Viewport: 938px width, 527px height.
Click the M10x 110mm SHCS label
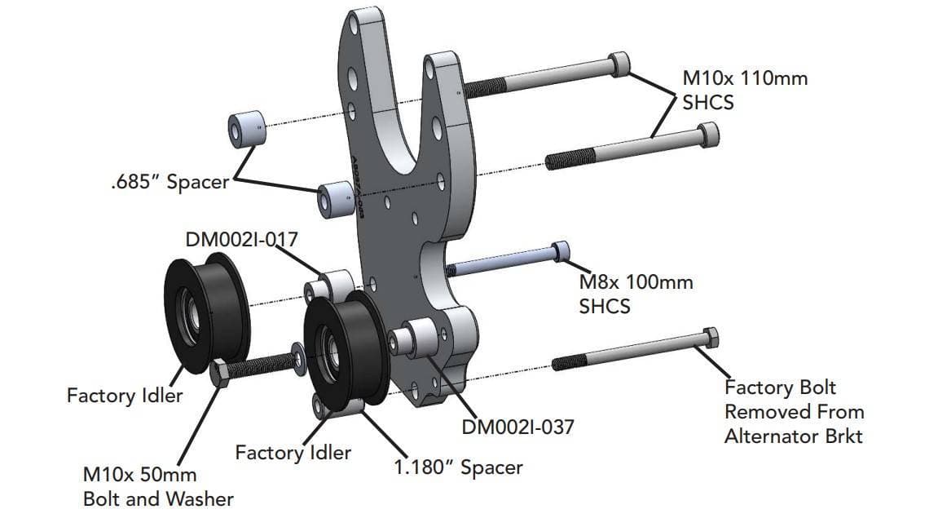click(x=744, y=91)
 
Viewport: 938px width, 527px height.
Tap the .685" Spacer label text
click(x=170, y=181)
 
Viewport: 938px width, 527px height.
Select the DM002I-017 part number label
click(x=241, y=239)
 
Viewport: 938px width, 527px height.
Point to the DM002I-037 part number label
click(x=517, y=426)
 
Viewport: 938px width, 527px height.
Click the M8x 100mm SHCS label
click(x=636, y=294)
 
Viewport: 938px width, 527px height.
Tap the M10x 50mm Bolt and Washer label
click(x=158, y=486)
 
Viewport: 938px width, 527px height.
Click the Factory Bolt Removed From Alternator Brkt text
click(x=793, y=411)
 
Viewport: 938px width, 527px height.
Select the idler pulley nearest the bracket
click(x=341, y=347)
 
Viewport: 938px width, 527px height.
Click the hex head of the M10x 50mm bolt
click(x=222, y=372)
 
